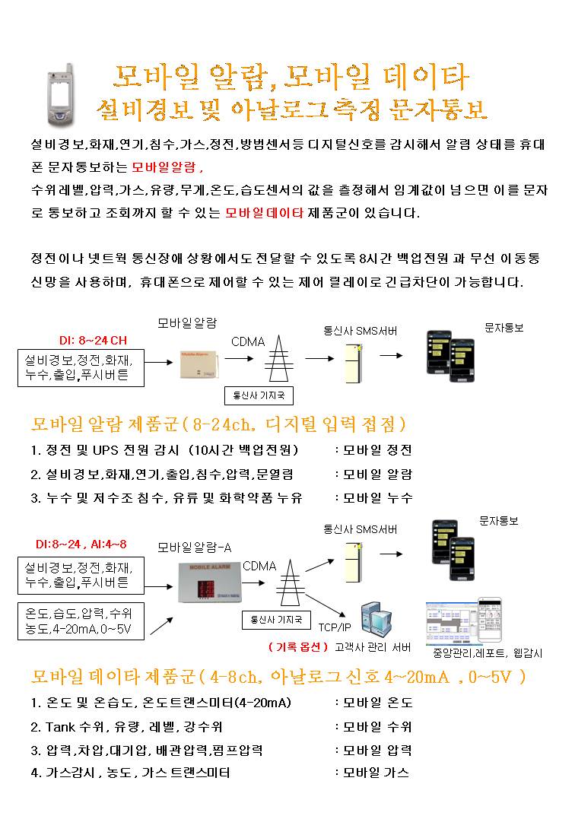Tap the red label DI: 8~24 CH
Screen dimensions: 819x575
pos(93,340)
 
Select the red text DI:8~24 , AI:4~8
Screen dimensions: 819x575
pos(82,544)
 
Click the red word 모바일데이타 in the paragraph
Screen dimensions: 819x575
pos(265,213)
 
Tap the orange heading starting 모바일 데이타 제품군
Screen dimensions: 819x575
pos(278,676)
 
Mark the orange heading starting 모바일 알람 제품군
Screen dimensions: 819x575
pos(219,424)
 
